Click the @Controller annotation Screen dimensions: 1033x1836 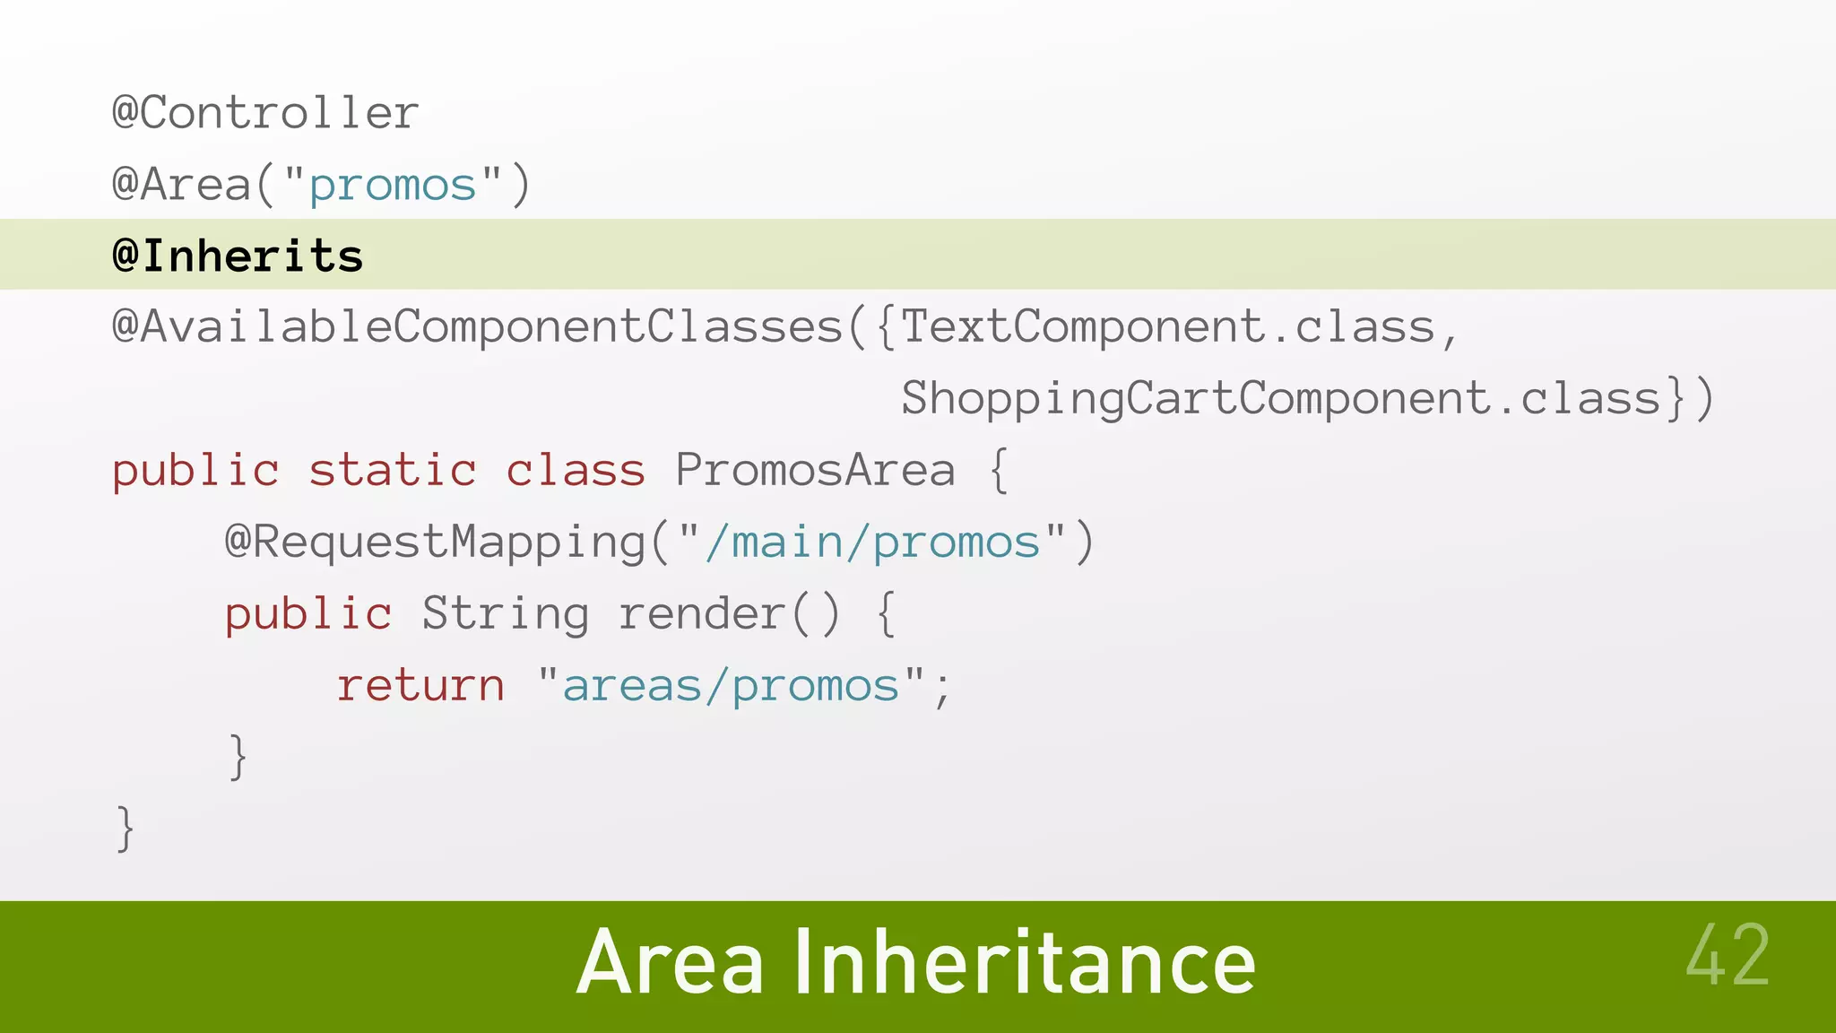click(265, 114)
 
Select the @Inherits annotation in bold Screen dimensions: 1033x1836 click(238, 256)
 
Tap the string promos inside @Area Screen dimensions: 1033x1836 click(393, 187)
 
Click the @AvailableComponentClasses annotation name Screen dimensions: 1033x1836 click(477, 327)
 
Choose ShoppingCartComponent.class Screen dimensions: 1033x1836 click(1281, 399)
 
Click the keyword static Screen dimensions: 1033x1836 click(393, 471)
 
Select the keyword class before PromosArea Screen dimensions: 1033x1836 click(576, 471)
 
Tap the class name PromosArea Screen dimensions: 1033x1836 click(815, 471)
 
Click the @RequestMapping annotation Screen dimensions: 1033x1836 click(436, 543)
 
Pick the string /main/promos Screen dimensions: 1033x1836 click(872, 543)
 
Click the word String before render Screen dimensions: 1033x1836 click(506, 614)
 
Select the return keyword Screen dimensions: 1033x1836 click(421, 686)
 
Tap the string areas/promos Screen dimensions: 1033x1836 click(731, 686)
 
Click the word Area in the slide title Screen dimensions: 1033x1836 click(671, 964)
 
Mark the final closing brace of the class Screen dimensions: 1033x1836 click(126, 829)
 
